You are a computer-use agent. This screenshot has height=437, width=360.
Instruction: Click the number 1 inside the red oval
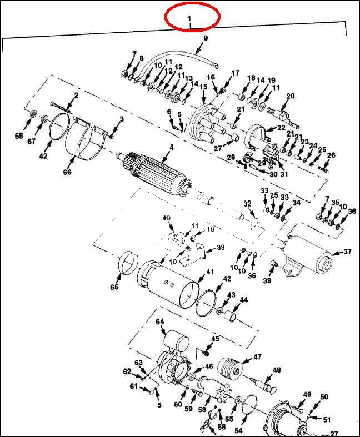(x=189, y=18)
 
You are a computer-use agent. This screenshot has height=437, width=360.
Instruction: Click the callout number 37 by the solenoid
(x=347, y=252)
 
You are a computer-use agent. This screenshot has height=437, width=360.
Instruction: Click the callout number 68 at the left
(x=19, y=136)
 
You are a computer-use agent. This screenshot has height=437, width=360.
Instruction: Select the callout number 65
(x=114, y=287)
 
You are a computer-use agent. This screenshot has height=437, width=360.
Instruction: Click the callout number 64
(x=160, y=322)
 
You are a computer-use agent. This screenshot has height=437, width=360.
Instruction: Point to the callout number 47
(x=257, y=356)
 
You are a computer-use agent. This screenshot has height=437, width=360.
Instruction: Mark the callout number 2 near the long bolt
(x=76, y=96)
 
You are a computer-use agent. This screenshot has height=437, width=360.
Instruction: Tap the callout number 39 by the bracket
(x=220, y=247)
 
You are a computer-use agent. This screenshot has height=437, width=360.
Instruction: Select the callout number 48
(x=277, y=370)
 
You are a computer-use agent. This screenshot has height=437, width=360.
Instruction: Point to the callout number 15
(x=203, y=87)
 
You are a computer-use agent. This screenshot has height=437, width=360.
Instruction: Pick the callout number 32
(x=247, y=204)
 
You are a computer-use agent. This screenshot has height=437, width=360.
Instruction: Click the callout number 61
(x=133, y=386)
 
